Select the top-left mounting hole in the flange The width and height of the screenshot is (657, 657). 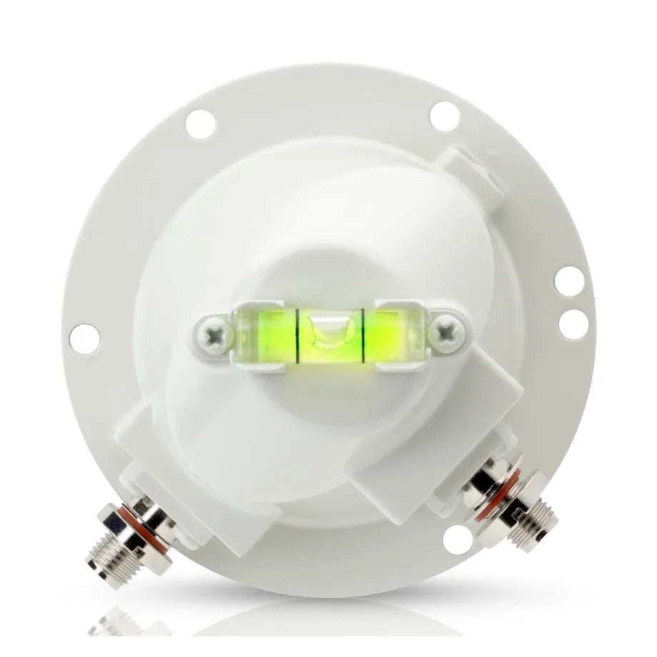201,125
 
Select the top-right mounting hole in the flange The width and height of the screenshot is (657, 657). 444,116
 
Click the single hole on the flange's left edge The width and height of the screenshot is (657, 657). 84,338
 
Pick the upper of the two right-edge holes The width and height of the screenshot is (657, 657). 569,281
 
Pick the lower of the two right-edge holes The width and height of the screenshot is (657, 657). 573,325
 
